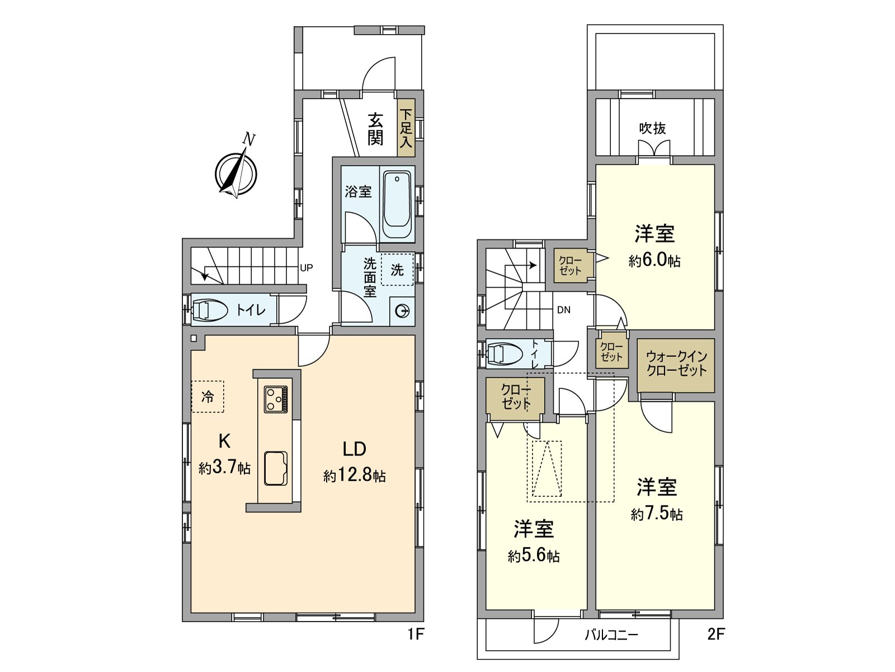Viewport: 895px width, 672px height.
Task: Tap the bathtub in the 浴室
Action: [397, 204]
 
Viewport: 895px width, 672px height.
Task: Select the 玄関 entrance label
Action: [375, 129]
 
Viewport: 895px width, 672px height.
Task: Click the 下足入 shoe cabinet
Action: [406, 128]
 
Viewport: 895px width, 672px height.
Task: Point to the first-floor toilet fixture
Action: [210, 309]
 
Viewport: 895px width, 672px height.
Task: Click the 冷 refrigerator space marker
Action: [208, 397]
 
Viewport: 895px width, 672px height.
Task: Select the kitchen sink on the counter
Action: [275, 468]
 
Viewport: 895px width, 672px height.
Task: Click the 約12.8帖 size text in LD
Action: [354, 476]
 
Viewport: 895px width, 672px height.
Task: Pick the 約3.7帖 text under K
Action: [224, 468]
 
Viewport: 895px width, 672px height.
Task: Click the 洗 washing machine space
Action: [397, 270]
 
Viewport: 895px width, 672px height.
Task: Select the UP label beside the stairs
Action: [307, 267]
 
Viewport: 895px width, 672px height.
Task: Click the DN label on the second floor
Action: [564, 309]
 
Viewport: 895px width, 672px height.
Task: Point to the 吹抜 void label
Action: [653, 128]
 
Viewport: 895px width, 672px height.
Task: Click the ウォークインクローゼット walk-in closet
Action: [676, 364]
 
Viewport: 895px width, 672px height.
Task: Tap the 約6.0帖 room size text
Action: [654, 261]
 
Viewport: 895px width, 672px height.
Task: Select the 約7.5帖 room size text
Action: [657, 514]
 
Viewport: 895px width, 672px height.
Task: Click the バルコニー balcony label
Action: [611, 635]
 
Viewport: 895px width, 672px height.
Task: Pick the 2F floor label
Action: [716, 634]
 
